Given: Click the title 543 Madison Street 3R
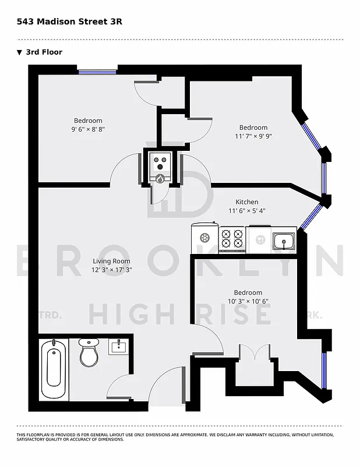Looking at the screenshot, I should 69,22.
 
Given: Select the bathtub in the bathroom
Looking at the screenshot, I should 54,370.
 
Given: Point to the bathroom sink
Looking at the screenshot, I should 119,347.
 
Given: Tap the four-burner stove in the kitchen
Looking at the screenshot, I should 232,238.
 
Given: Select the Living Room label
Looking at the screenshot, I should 111,261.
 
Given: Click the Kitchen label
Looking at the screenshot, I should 246,202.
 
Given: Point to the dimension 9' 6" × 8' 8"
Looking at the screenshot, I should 88,129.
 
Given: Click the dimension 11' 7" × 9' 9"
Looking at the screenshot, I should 253,136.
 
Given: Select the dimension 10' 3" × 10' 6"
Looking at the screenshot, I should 248,301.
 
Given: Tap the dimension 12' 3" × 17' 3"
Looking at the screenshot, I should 111,270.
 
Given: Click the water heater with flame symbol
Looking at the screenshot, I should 160,170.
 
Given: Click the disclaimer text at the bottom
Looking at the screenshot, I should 175,437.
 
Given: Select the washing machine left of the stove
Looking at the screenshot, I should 204,238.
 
